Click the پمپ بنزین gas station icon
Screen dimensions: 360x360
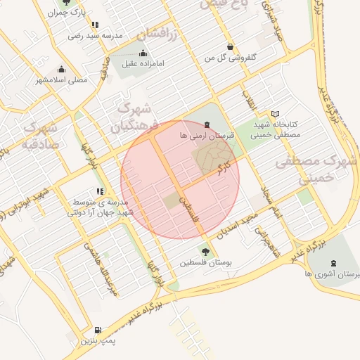tap(97, 330)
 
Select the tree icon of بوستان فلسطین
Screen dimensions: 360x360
tap(205, 251)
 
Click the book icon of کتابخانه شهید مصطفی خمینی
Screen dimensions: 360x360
tap(275, 113)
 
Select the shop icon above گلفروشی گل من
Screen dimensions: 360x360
tap(230, 46)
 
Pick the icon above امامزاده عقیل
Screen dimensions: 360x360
tap(143, 53)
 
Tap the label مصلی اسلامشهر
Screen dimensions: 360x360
tap(62, 79)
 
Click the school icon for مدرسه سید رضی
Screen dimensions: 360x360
tap(95, 25)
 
